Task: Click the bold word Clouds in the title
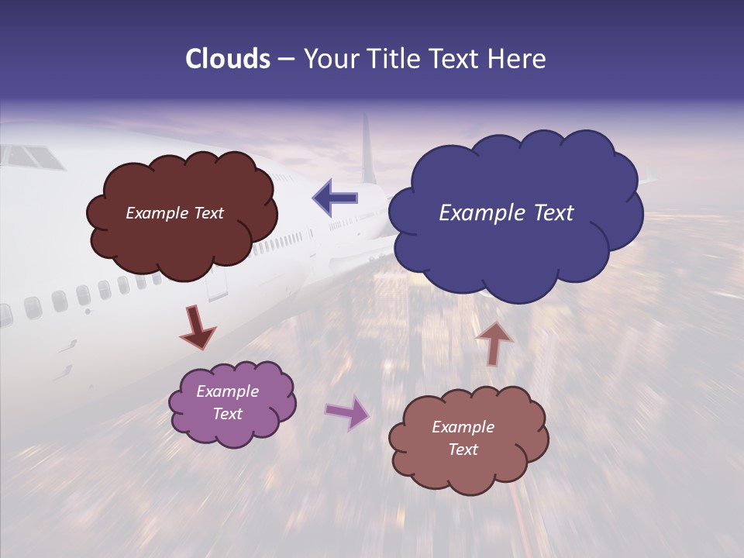pos(228,59)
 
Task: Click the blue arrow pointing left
pos(335,198)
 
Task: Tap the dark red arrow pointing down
pos(198,327)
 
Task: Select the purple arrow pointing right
pos(347,412)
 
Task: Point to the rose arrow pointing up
pos(494,342)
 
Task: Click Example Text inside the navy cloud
pos(506,213)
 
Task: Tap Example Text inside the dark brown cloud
pos(174,213)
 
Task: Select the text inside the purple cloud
pos(228,402)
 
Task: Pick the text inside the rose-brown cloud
pos(463,438)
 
